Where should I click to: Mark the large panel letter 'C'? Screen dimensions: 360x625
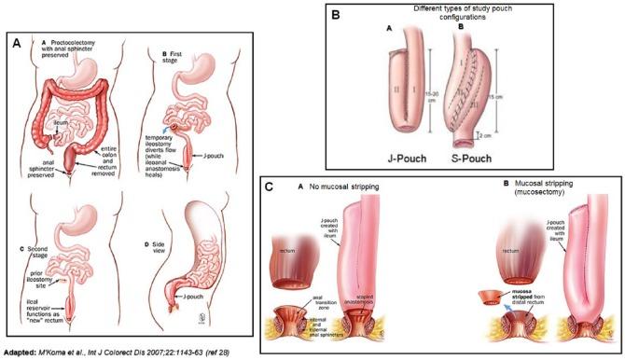pyautogui.click(x=271, y=186)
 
